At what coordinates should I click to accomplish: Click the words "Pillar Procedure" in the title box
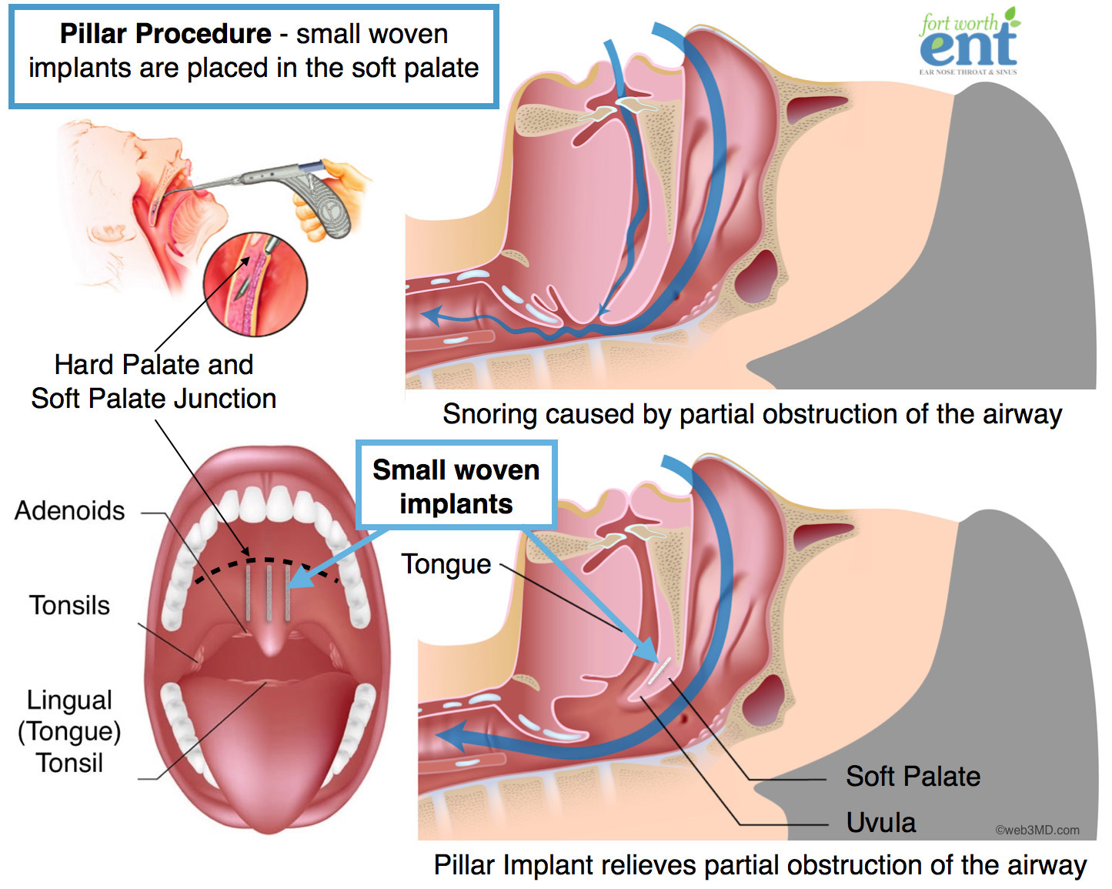pos(165,34)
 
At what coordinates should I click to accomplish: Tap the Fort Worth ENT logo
pos(968,42)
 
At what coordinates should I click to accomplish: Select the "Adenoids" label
pos(69,510)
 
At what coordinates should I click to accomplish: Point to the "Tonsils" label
pos(69,605)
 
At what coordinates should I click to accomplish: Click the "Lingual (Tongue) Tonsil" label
pos(69,731)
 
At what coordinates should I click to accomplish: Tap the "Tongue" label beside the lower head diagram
pos(446,564)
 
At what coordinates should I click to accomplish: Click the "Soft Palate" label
pos(913,777)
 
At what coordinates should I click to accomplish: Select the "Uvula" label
pos(880,823)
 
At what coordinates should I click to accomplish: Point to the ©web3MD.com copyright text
pos(1037,830)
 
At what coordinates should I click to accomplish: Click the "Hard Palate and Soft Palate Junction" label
pos(154,381)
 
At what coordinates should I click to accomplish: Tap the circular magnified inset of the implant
pos(255,284)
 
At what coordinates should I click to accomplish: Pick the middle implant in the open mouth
pos(269,592)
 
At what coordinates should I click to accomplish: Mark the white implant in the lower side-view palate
pos(658,672)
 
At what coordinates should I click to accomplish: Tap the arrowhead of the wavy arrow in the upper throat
pos(429,315)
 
